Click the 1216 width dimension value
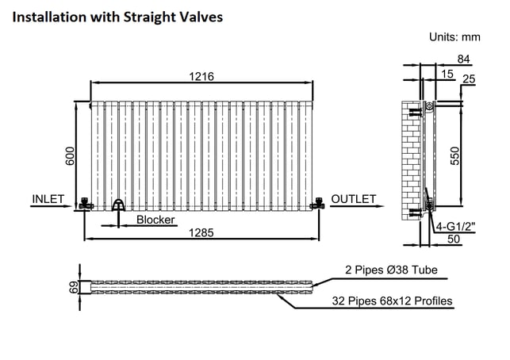(201, 76)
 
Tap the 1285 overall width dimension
(201, 232)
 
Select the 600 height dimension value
(70, 156)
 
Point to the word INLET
(48, 199)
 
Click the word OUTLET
(354, 199)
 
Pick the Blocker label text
(155, 220)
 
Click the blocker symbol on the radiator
(118, 205)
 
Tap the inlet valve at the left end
(86, 203)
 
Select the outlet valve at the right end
(317, 203)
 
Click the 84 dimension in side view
(463, 59)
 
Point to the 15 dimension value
(447, 74)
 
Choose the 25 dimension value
(469, 79)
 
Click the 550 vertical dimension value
(455, 156)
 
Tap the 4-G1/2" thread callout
(455, 226)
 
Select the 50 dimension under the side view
(454, 239)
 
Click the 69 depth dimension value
(74, 287)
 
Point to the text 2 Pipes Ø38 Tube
(391, 270)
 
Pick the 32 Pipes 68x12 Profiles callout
(392, 301)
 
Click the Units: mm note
(454, 36)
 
